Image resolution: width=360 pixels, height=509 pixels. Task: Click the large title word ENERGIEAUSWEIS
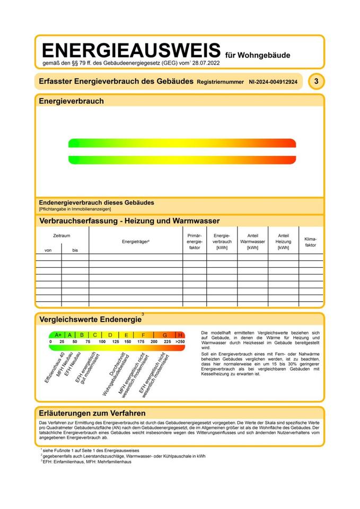(x=130, y=50)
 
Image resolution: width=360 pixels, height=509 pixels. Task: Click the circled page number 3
(x=316, y=82)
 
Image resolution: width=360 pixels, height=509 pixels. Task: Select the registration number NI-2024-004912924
(x=273, y=82)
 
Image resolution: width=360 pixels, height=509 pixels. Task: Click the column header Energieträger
(x=136, y=241)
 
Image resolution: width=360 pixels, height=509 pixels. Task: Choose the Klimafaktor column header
(x=311, y=242)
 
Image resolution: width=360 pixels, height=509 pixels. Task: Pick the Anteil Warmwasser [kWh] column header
(x=252, y=241)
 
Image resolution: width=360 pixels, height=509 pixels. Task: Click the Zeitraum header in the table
(x=62, y=235)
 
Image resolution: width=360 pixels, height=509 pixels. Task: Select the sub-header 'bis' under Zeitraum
(x=75, y=250)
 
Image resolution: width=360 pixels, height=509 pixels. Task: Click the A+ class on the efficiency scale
(x=58, y=335)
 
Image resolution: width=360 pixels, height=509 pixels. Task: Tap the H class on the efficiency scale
(x=180, y=335)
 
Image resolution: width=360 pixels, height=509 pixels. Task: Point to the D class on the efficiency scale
(x=110, y=335)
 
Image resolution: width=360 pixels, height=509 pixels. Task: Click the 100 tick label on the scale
(x=102, y=342)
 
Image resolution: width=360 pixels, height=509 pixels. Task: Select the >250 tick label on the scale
(x=180, y=342)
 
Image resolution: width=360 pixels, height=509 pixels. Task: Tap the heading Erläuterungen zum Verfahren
(x=92, y=413)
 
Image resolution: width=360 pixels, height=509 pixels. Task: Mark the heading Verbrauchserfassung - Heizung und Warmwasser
(x=129, y=221)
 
